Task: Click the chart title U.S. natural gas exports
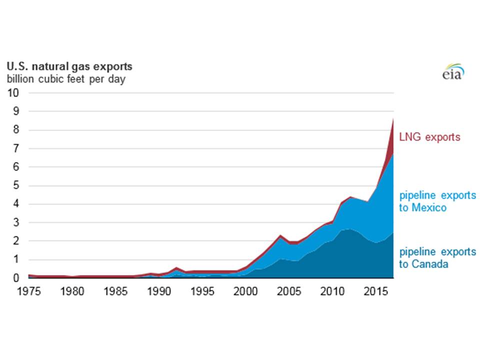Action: (x=69, y=66)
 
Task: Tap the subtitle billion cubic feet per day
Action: (x=65, y=79)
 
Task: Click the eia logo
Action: (x=453, y=72)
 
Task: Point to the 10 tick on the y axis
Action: (x=13, y=93)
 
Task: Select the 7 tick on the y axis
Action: (x=16, y=148)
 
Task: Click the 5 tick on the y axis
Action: (x=16, y=185)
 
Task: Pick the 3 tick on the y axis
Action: (x=16, y=222)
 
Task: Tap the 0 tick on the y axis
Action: (x=16, y=278)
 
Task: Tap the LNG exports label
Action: (x=429, y=137)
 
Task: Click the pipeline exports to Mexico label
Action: (x=437, y=201)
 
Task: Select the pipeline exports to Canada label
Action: (x=437, y=257)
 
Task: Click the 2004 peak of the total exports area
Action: (x=281, y=235)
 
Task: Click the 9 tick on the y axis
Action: (x=16, y=111)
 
